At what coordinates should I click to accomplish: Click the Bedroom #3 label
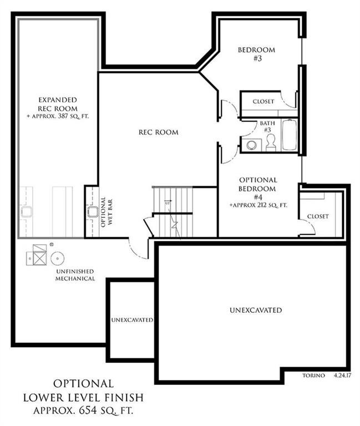(x=256, y=54)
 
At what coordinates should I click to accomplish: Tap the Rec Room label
(x=158, y=132)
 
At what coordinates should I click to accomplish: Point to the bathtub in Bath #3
(x=289, y=135)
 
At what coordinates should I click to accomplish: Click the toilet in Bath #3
(x=271, y=143)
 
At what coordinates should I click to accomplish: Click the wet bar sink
(x=93, y=212)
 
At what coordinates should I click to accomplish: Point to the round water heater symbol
(x=58, y=258)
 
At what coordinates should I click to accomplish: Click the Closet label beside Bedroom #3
(x=263, y=102)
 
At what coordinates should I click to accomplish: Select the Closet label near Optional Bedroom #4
(x=318, y=216)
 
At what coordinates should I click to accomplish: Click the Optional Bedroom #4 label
(x=258, y=192)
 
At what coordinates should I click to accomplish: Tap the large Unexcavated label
(x=256, y=310)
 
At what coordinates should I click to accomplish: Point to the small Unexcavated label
(x=131, y=320)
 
